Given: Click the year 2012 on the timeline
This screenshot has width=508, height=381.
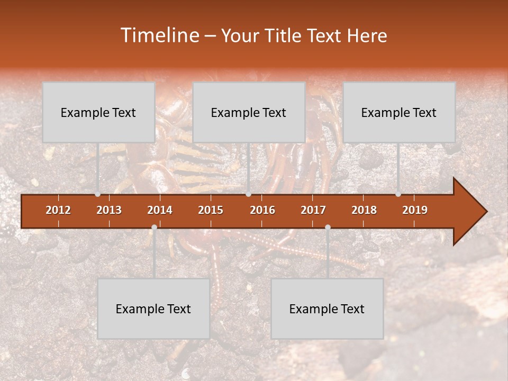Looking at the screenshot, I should click(x=58, y=210).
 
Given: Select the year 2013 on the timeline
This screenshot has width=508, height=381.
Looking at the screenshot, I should click(x=109, y=210).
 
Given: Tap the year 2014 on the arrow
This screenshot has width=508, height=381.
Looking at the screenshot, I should click(x=160, y=210).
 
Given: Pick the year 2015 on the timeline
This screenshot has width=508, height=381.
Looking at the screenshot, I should click(x=211, y=210).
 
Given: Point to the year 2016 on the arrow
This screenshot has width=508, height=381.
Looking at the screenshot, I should click(x=262, y=210).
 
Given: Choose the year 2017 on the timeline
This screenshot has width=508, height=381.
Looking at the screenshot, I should click(x=313, y=210).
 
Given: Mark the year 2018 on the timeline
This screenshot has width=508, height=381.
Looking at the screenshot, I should click(x=364, y=210).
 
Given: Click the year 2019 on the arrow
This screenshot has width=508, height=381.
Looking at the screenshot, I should click(x=415, y=210).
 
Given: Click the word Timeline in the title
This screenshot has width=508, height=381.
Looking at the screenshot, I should click(x=158, y=35).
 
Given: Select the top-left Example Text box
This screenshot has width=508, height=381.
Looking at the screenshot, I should click(x=98, y=112).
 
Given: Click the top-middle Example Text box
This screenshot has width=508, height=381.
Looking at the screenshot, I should click(x=249, y=112).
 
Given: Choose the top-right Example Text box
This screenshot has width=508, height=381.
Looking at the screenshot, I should click(x=399, y=112).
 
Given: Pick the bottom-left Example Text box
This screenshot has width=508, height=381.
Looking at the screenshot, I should click(x=153, y=309).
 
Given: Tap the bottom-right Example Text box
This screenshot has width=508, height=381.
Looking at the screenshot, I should click(x=327, y=309).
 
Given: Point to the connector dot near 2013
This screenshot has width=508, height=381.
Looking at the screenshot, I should click(x=98, y=194).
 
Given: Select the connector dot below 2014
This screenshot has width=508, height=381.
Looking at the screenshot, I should click(x=154, y=227).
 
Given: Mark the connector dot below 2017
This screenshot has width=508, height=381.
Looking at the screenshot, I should click(x=328, y=227).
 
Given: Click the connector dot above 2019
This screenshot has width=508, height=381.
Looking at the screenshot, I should click(x=398, y=194).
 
